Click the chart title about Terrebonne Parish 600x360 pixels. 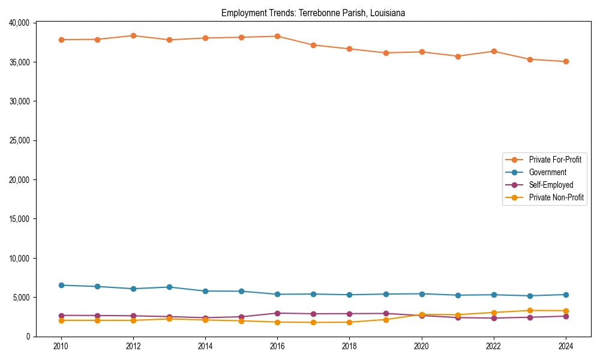click(313, 13)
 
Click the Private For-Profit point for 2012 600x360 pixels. click(133, 35)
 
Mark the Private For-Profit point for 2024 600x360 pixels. click(566, 61)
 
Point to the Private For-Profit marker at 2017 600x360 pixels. click(313, 45)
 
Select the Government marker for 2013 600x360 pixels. click(169, 287)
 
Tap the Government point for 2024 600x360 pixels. click(566, 295)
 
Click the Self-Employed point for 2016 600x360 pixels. click(277, 313)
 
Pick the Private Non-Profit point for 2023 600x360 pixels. click(530, 311)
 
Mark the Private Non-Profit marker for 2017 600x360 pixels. click(313, 322)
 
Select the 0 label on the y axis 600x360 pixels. click(28, 337)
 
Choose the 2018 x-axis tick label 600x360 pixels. click(349, 346)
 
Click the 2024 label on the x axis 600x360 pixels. click(566, 346)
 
